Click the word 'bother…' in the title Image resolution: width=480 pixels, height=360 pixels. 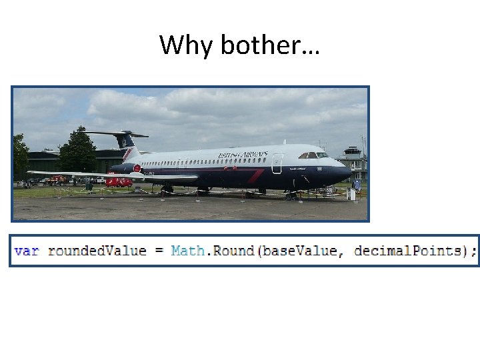270,45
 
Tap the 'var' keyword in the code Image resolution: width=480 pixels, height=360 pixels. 27,251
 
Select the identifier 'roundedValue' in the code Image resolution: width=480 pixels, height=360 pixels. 97,251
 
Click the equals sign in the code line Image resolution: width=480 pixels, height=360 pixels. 159,251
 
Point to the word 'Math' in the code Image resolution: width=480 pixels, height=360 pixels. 188,251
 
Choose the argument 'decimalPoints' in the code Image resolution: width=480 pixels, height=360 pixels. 408,251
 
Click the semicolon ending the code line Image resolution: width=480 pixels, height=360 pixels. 474,251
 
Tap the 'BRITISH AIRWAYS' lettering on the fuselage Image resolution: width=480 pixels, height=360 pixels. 243,155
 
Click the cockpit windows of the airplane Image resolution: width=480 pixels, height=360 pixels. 313,155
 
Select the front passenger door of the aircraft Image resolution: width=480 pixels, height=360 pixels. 277,164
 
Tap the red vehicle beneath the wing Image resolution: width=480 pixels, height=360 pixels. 119,181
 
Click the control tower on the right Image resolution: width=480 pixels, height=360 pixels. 353,160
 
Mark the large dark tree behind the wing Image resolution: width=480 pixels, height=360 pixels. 77,152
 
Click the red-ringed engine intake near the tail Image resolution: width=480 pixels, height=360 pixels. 137,169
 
